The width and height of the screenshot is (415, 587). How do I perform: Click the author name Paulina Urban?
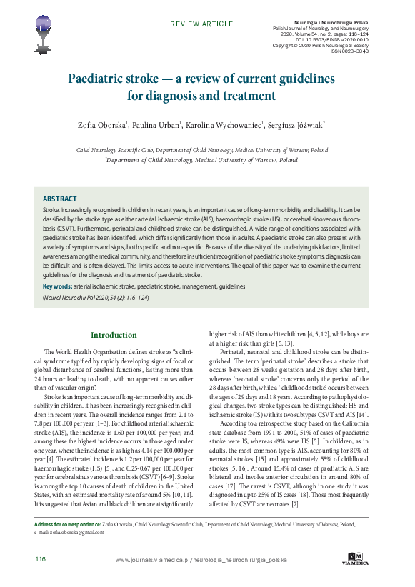coord(159,125)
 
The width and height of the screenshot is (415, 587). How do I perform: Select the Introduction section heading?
coord(114,335)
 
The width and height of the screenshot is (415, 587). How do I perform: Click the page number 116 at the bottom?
coord(40,558)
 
